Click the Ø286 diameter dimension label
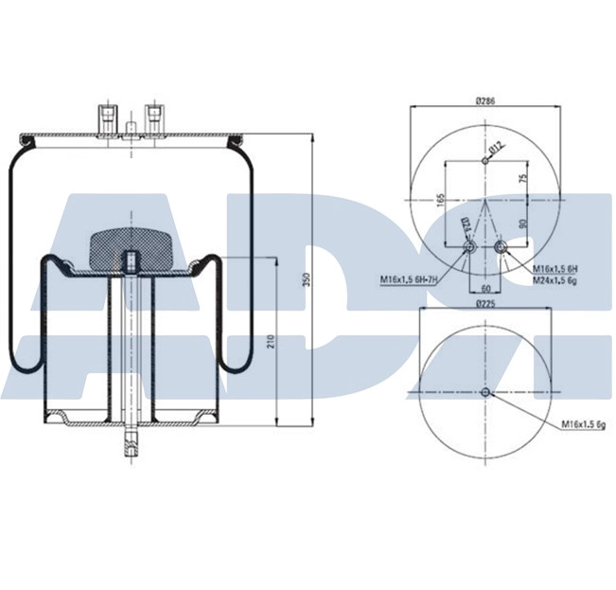coord(486,99)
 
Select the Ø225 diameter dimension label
coord(486,303)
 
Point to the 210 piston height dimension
coord(270,342)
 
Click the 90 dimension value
coord(521,223)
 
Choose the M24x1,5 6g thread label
coord(554,279)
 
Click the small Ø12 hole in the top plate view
coord(484,160)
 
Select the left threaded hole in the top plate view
coord(469,249)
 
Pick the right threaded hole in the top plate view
coord(501,249)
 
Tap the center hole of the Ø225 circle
coord(484,393)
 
